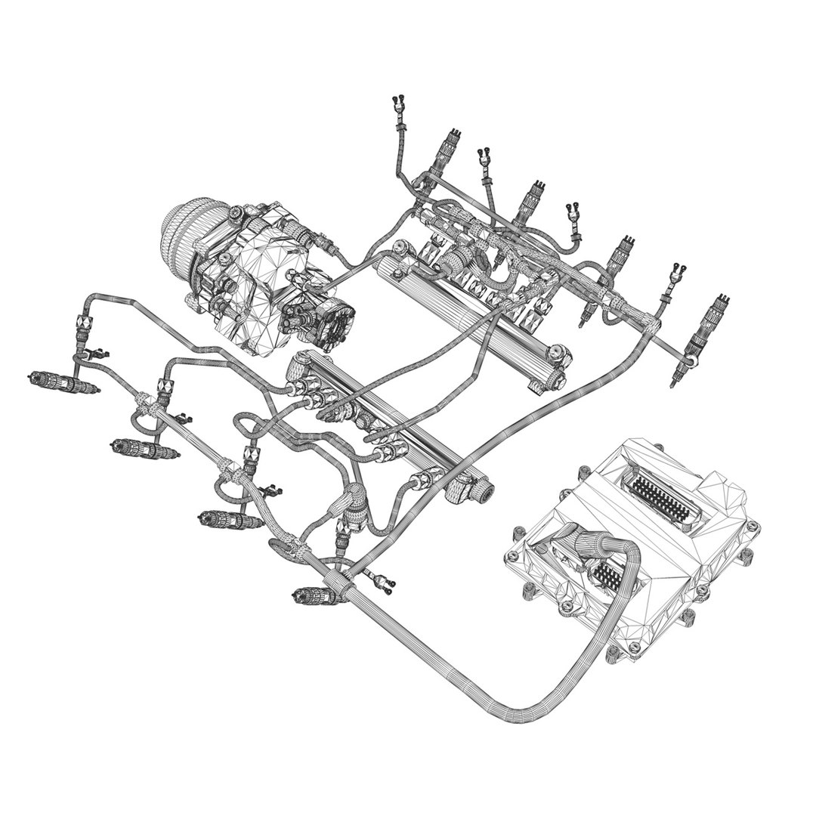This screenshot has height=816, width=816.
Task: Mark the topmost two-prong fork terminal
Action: pos(398,104)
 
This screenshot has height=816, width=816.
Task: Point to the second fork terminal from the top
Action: pos(484,158)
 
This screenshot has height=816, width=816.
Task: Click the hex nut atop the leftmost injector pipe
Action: pos(82,323)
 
